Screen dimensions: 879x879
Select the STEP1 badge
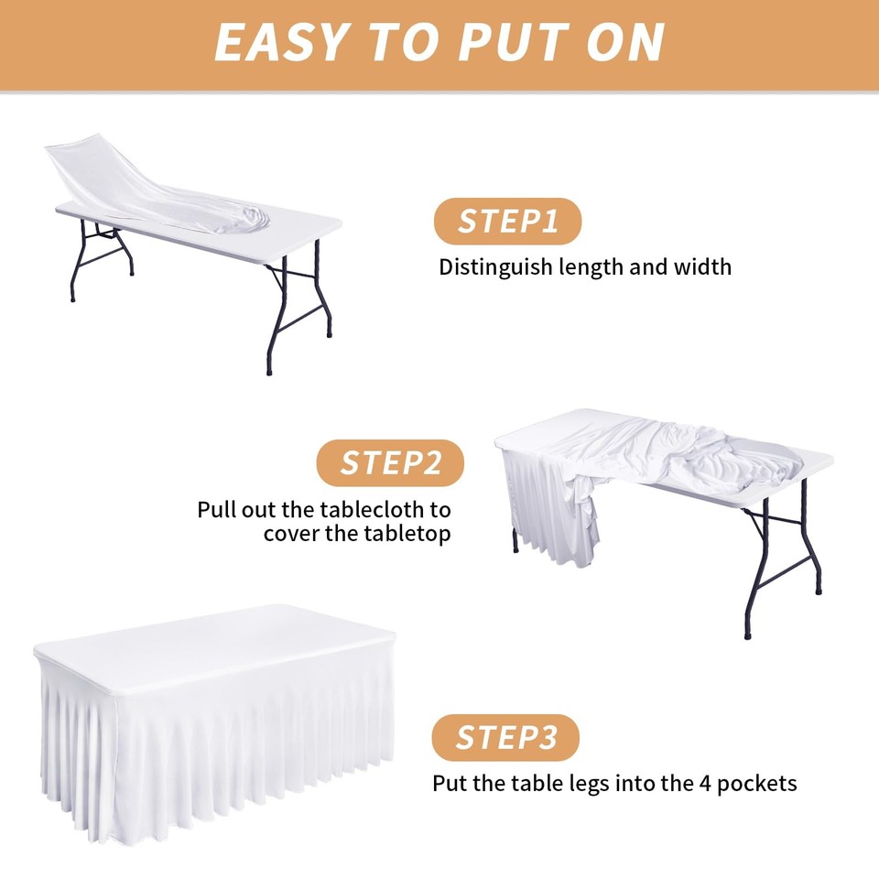[x=507, y=222]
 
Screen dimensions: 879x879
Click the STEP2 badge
[x=390, y=463]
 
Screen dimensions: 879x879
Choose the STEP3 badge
[x=506, y=738]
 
